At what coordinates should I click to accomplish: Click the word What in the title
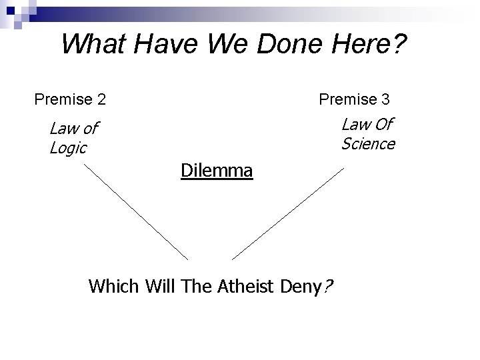coord(92,45)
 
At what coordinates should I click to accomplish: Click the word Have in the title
coord(166,45)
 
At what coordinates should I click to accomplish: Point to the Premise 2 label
coord(70,100)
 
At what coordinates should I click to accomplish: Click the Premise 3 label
coord(354,99)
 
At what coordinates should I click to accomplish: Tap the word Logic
coord(68,148)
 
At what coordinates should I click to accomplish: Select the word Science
coord(368,143)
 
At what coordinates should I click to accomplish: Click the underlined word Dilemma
coord(217,171)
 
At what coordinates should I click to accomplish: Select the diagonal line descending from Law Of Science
coord(288,213)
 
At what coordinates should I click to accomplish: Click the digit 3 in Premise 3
coord(385,99)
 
